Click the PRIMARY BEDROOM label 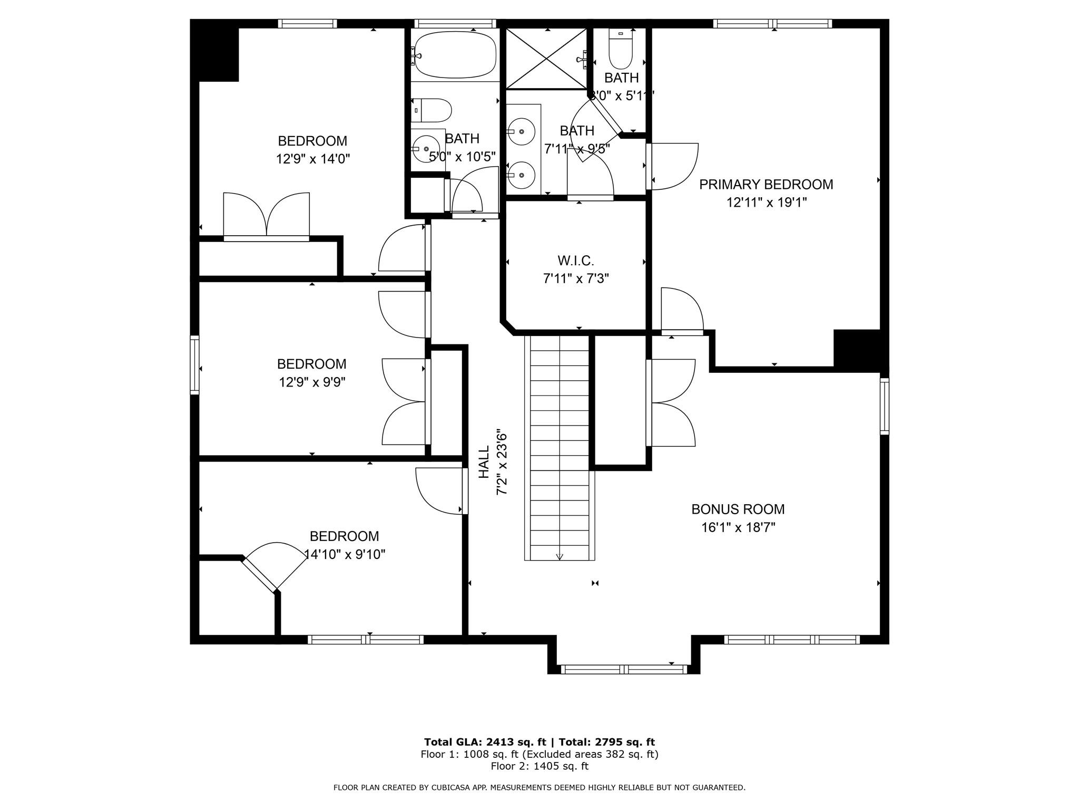point(766,185)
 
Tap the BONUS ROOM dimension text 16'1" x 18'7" point(738,527)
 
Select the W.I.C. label point(576,261)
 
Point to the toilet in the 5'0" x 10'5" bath point(432,110)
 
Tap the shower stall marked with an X point(546,58)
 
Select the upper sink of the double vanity point(522,131)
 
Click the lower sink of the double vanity point(522,175)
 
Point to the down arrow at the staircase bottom point(560,556)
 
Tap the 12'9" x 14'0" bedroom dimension point(313,159)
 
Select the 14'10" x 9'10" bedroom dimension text point(345,554)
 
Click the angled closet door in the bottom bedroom point(259,574)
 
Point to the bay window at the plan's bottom point(624,669)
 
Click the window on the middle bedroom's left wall point(194,364)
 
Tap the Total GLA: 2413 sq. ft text point(485,742)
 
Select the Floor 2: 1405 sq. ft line point(539,766)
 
